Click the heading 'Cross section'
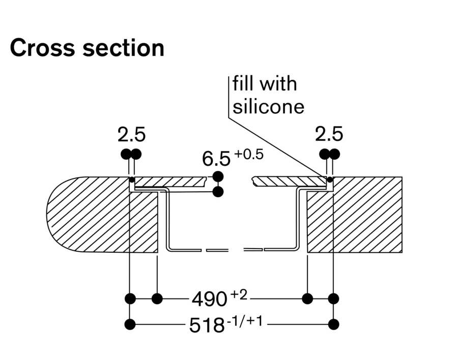[x=87, y=48]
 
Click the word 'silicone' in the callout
[x=268, y=106]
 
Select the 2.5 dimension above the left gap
[x=131, y=135]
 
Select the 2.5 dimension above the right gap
[x=329, y=135]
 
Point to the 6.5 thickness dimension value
[x=216, y=159]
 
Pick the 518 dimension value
[x=207, y=325]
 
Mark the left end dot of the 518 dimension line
[x=130, y=324]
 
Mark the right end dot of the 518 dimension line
[x=334, y=324]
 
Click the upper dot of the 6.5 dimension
[x=218, y=177]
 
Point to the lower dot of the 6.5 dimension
[x=218, y=192]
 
